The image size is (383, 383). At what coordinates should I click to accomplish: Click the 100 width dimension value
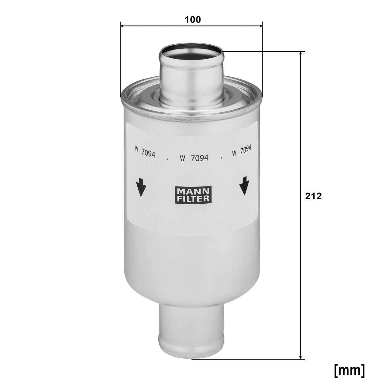pyautogui.click(x=193, y=20)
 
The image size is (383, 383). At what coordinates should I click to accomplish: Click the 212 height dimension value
pyautogui.click(x=313, y=196)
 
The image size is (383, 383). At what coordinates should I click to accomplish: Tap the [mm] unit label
pyautogui.click(x=349, y=370)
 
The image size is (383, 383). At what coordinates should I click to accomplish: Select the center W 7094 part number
pyautogui.click(x=194, y=158)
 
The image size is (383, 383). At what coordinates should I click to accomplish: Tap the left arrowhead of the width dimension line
pyautogui.click(x=122, y=26)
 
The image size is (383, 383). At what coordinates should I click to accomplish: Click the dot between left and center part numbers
pyautogui.click(x=168, y=159)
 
